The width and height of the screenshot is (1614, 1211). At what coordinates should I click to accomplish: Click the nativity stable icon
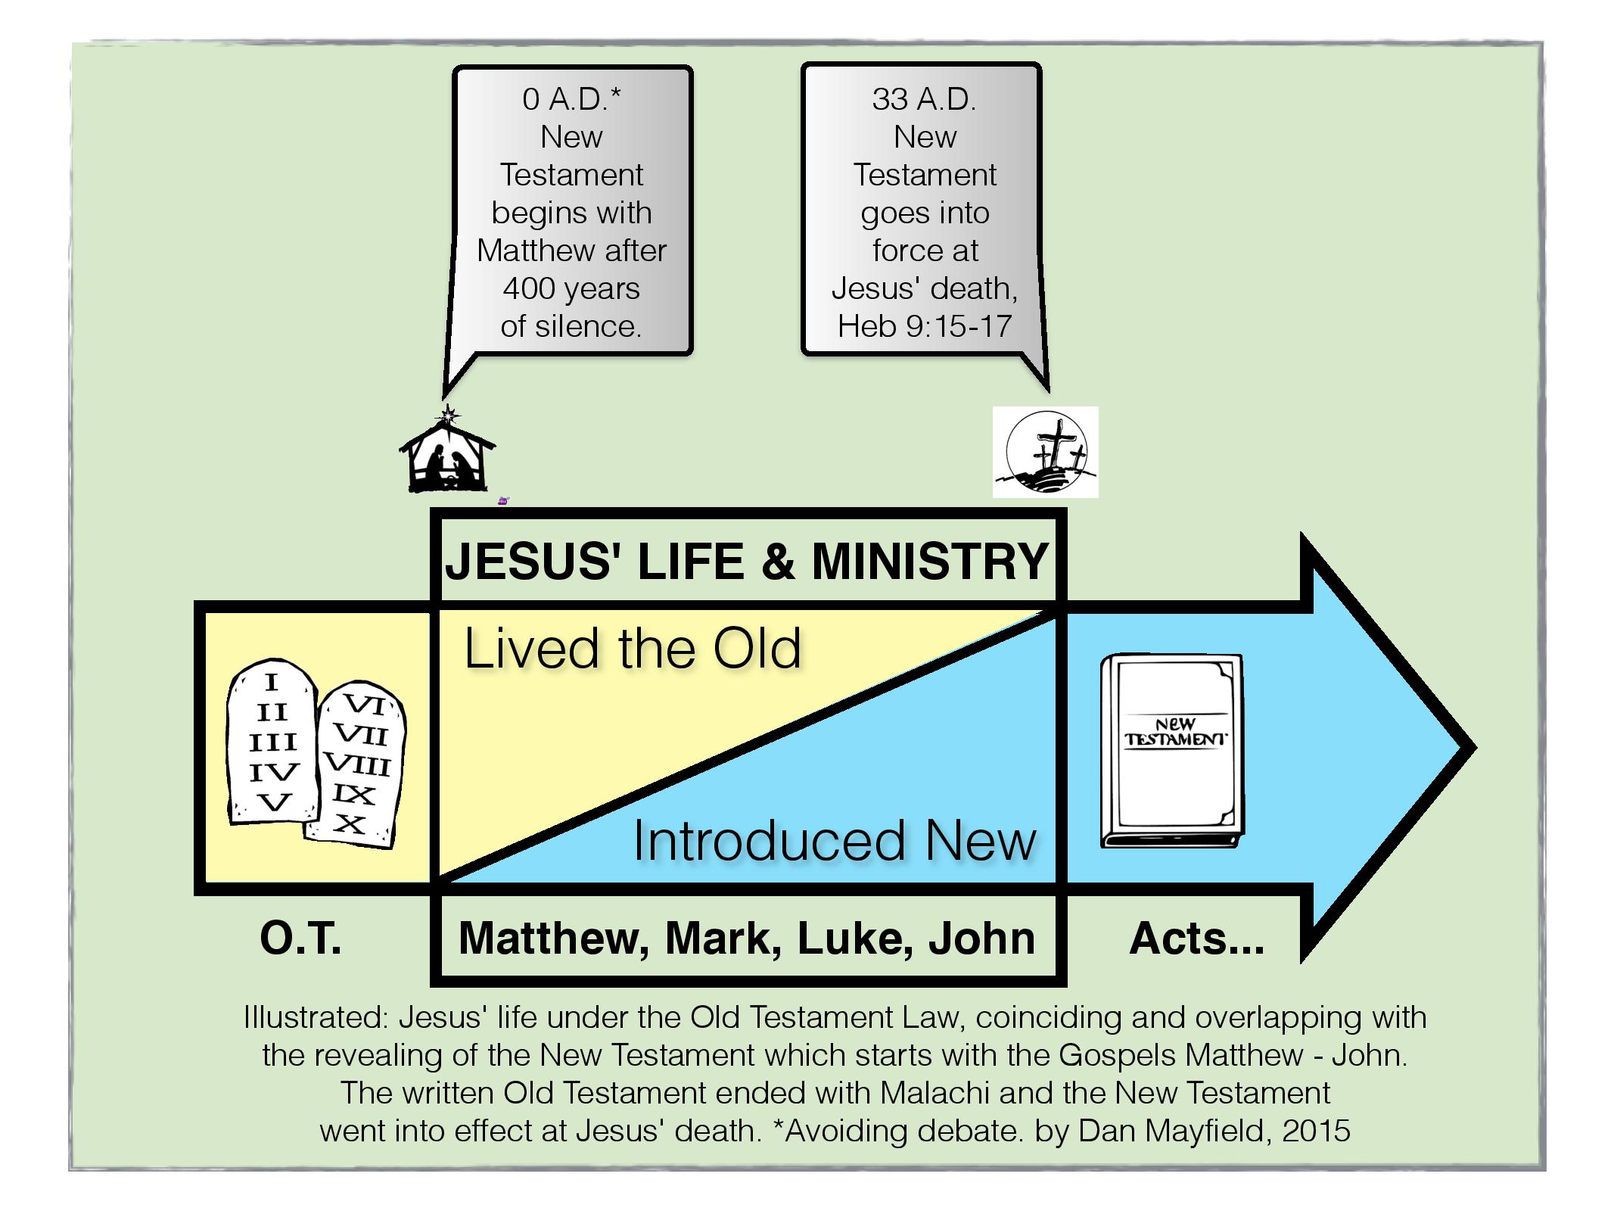[x=446, y=458]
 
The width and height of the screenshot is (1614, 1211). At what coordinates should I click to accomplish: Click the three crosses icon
[x=1045, y=453]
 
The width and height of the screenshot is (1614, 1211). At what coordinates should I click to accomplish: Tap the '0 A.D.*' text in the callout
[x=571, y=99]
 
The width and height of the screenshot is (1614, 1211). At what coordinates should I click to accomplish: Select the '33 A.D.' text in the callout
[x=924, y=99]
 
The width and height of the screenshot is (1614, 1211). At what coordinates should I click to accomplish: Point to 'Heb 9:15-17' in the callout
[x=924, y=326]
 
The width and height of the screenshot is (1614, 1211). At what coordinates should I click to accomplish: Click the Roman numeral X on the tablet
[x=350, y=823]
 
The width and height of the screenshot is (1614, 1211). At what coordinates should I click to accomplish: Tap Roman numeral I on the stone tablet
[x=271, y=683]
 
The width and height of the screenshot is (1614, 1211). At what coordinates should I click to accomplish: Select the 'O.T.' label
[x=300, y=939]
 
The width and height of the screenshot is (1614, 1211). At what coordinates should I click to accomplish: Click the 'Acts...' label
[x=1196, y=939]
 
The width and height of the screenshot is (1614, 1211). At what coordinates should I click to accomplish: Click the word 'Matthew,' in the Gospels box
[x=554, y=939]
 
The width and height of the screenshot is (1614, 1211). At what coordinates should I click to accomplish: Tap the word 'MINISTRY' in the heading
[x=929, y=562]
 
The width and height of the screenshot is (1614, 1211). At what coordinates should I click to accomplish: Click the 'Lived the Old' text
[x=632, y=649]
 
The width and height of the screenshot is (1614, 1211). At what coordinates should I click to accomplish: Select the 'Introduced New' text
[x=834, y=841]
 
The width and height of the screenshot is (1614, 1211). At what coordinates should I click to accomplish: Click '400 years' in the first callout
[x=571, y=288]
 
